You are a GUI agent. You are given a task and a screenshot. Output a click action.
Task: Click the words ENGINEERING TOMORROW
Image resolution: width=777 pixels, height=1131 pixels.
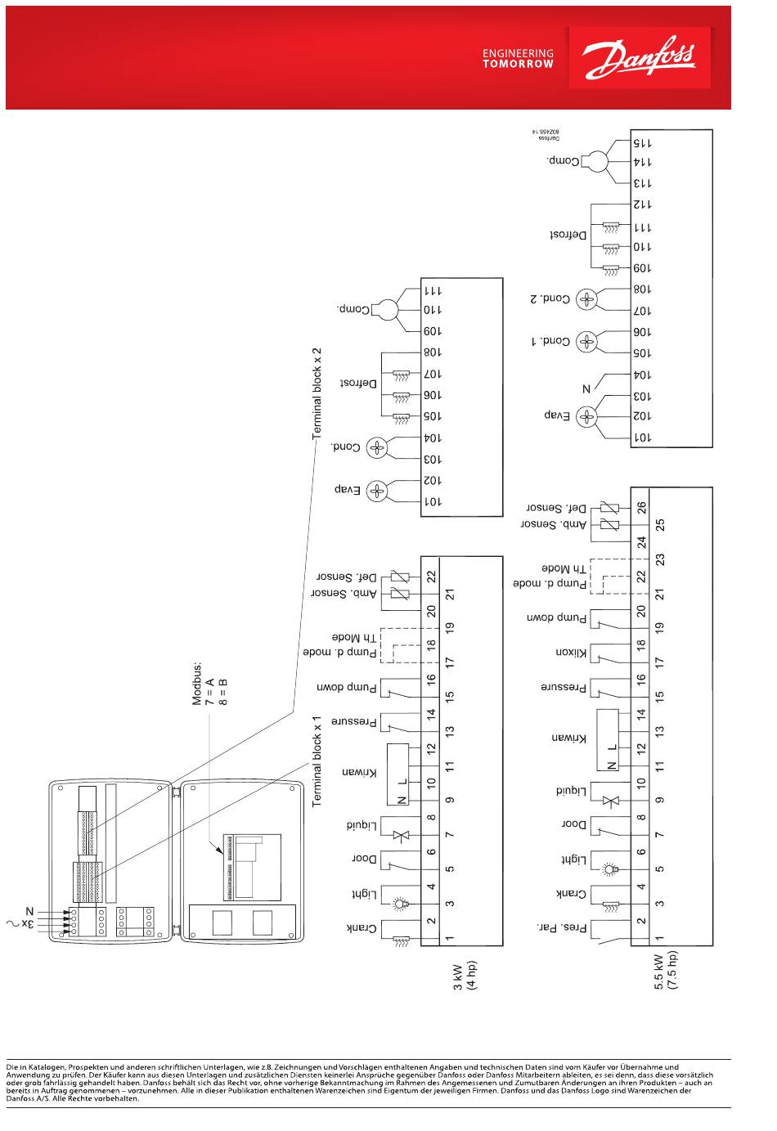pyautogui.click(x=518, y=58)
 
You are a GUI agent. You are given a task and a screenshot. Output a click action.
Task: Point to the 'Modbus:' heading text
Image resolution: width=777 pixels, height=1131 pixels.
pyautogui.click(x=197, y=684)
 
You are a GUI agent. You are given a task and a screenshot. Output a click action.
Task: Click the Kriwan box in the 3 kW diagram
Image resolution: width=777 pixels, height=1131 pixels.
pyautogui.click(x=397, y=773)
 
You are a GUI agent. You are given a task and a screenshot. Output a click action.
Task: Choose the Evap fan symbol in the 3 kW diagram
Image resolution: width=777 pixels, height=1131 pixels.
pyautogui.click(x=376, y=491)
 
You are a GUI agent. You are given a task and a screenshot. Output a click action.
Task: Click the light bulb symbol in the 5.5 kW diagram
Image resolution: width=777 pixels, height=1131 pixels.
pyautogui.click(x=609, y=870)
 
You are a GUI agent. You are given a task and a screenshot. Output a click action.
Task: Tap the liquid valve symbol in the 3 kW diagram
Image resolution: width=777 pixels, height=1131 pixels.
pyautogui.click(x=401, y=835)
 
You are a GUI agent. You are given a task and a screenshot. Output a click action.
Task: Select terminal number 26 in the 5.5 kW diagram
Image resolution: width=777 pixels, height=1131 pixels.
pyautogui.click(x=642, y=507)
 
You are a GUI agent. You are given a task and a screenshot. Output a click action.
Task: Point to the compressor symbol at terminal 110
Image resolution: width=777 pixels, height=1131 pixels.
pyautogui.click(x=387, y=310)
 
